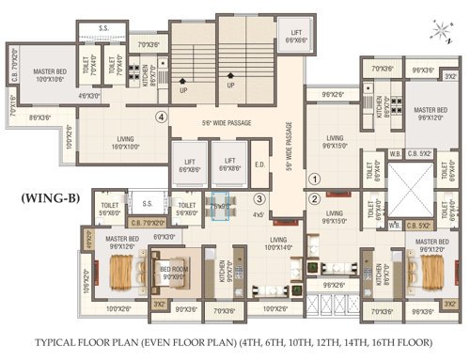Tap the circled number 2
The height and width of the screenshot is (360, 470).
[x=315, y=198]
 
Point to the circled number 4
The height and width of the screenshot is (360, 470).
[x=163, y=117]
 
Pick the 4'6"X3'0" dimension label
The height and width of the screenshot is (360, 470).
[x=89, y=96]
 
